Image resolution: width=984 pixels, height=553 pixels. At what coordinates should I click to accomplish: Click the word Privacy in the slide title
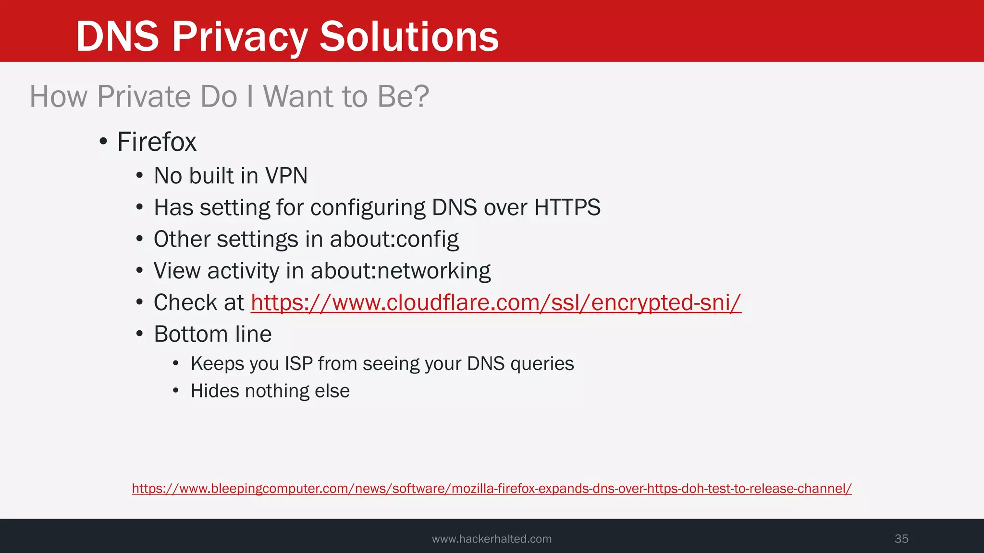tap(240, 37)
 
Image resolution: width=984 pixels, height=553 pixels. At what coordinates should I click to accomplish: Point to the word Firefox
tap(157, 142)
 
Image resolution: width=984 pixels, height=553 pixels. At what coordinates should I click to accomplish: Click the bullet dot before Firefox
tap(103, 142)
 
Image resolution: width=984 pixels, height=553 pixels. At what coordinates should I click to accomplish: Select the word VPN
tap(286, 176)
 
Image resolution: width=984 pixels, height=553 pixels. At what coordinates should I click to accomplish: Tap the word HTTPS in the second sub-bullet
tap(567, 207)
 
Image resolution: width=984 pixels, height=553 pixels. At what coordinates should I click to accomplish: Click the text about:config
tap(394, 239)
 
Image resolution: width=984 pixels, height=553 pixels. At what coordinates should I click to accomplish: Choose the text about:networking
tap(400, 271)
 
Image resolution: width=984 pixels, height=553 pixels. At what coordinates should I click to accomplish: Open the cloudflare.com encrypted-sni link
tap(496, 303)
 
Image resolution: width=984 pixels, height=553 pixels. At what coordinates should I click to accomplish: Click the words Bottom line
tap(212, 334)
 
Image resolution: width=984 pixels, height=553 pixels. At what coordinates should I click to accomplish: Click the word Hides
tap(215, 391)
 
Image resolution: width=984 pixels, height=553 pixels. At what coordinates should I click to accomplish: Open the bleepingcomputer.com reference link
tap(492, 489)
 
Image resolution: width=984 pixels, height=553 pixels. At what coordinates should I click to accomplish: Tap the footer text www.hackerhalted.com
tap(492, 539)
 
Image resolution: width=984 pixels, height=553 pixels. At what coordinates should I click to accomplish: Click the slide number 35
tap(901, 539)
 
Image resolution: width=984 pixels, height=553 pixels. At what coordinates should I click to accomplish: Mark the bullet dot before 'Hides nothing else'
tap(176, 391)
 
